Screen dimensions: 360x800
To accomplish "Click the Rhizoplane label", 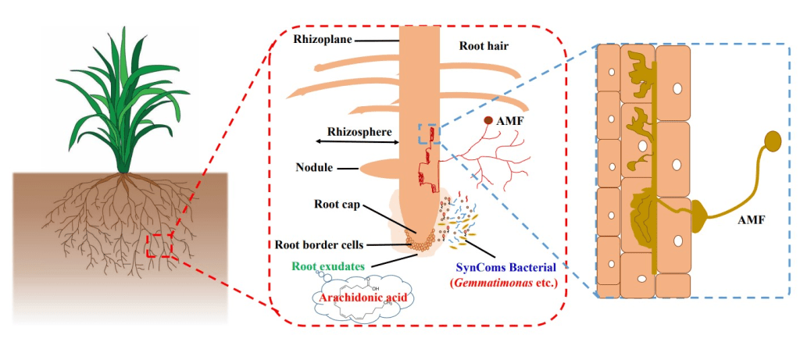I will coord(322,39).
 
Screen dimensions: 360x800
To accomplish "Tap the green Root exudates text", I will coord(328,266).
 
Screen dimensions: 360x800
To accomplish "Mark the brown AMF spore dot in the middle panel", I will coord(488,121).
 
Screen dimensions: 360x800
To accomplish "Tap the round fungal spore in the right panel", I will coord(772,141).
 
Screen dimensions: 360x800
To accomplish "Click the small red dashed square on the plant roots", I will coord(160,244).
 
